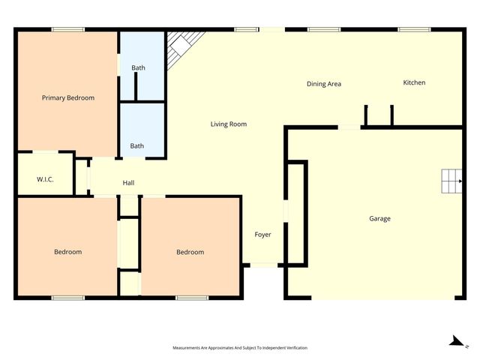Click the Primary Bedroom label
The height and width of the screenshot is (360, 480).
point(67,97)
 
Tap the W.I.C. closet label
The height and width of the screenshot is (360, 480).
point(44,180)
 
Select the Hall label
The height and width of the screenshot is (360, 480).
point(128,183)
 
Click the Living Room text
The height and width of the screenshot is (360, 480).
point(228,124)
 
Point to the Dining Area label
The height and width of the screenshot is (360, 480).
point(324,84)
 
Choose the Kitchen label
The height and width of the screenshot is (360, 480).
point(414,82)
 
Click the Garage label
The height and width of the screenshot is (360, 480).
point(379,219)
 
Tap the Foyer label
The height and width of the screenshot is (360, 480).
point(262,235)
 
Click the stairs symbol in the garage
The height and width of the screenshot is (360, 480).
point(451,181)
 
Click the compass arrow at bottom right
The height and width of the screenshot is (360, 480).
point(454,342)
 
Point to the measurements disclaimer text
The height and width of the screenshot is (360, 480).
point(240,348)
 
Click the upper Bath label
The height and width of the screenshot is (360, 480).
point(138,68)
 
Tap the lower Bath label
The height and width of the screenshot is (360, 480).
point(137,145)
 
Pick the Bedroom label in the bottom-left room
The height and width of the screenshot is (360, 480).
point(67,252)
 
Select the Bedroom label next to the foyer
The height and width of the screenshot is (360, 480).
point(190,252)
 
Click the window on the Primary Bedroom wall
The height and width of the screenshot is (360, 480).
point(67,29)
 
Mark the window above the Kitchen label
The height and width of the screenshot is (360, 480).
point(413,29)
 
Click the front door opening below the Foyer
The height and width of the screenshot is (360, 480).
point(262,265)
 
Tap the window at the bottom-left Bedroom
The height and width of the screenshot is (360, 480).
point(67,298)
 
